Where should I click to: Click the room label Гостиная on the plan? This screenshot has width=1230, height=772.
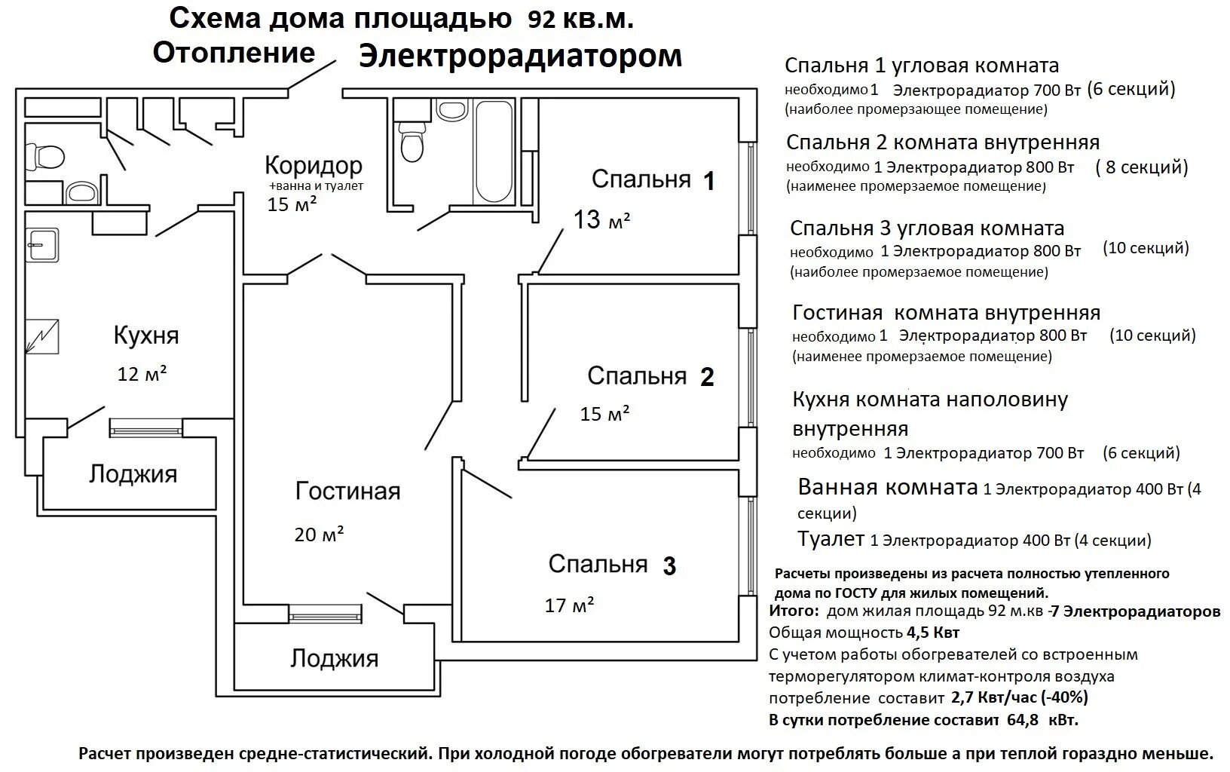pyautogui.click(x=347, y=492)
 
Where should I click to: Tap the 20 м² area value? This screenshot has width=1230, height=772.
pyautogui.click(x=319, y=535)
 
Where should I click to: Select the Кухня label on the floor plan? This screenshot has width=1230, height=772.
pyautogui.click(x=146, y=335)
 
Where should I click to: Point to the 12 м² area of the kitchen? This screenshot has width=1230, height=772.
pyautogui.click(x=142, y=373)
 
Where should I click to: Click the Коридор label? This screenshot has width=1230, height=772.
pyautogui.click(x=314, y=165)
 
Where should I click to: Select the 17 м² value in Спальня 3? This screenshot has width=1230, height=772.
pyautogui.click(x=569, y=605)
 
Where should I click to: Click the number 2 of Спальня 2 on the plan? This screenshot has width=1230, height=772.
pyautogui.click(x=707, y=377)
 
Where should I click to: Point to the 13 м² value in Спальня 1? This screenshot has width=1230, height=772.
pyautogui.click(x=601, y=220)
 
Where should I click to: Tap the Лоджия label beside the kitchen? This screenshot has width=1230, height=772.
pyautogui.click(x=133, y=474)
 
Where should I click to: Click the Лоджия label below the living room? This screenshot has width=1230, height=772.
pyautogui.click(x=334, y=658)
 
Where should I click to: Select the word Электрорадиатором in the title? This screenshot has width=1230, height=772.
pyautogui.click(x=520, y=57)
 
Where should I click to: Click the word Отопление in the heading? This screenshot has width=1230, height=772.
pyautogui.click(x=234, y=53)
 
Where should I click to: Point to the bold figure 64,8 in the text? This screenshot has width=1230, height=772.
pyautogui.click(x=1023, y=719)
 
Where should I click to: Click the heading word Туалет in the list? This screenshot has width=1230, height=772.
pyautogui.click(x=831, y=539)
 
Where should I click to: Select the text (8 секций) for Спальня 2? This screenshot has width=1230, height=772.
pyautogui.click(x=1141, y=167)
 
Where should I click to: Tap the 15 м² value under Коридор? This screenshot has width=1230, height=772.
pyautogui.click(x=292, y=204)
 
